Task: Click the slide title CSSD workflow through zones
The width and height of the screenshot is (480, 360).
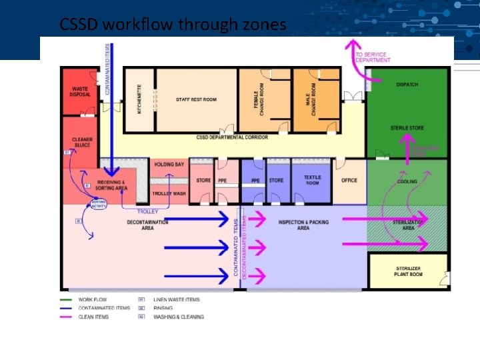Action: tap(173, 25)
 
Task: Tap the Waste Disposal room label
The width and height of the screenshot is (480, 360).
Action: tap(80, 92)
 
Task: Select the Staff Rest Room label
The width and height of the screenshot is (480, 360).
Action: tap(196, 99)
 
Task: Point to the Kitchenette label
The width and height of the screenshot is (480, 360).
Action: tap(139, 99)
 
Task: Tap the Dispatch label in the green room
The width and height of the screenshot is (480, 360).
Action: tap(407, 85)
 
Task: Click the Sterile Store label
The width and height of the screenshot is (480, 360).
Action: tap(407, 128)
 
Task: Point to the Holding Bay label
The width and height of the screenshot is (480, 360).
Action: tap(169, 164)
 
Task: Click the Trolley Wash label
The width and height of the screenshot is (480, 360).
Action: tap(169, 193)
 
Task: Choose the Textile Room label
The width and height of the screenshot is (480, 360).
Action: tap(312, 179)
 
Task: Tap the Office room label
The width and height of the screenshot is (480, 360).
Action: tap(349, 180)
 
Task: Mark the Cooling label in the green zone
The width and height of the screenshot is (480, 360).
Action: tap(407, 181)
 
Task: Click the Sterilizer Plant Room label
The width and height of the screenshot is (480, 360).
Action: tap(408, 271)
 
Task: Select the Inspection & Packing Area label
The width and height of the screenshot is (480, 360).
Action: tap(303, 225)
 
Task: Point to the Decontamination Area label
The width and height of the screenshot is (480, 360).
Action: tap(148, 225)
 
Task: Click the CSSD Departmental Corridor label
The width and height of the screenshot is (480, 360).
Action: tap(232, 137)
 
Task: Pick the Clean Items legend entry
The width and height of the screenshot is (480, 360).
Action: tap(93, 317)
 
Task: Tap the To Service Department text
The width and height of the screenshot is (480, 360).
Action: tap(373, 57)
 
